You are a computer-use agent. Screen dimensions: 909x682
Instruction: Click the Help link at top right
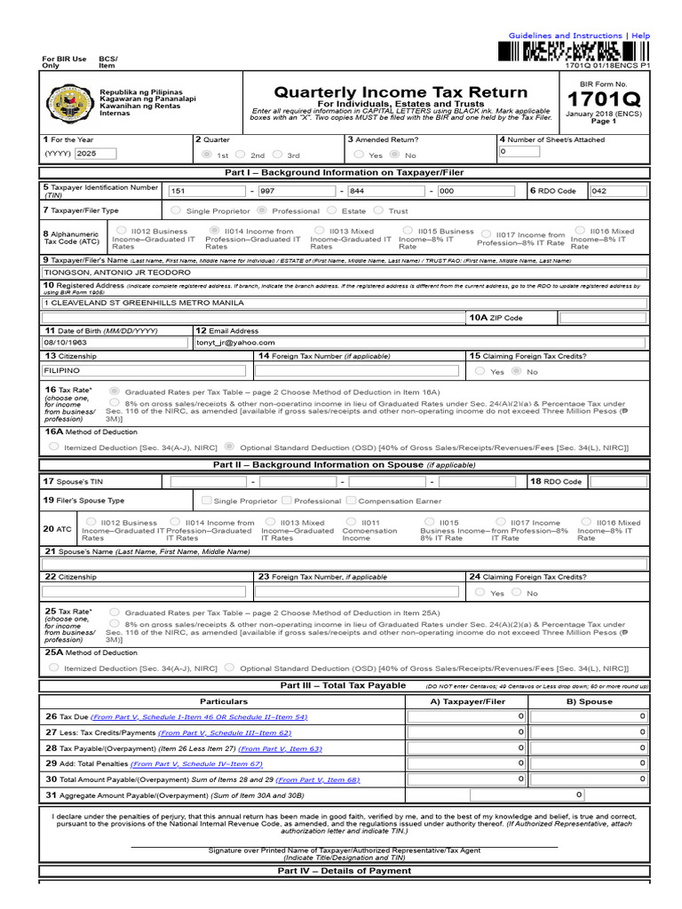pyautogui.click(x=641, y=36)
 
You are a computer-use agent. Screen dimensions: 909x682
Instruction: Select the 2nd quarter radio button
pyautogui.click(x=242, y=154)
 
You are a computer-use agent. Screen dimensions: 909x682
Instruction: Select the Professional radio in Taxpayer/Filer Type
pyautogui.click(x=262, y=210)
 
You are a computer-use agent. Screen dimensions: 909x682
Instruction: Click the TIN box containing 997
pyautogui.click(x=294, y=191)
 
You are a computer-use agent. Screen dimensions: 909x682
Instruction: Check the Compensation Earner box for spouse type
pyautogui.click(x=353, y=501)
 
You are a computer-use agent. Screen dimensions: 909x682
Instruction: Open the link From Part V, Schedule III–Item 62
pyautogui.click(x=224, y=733)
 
